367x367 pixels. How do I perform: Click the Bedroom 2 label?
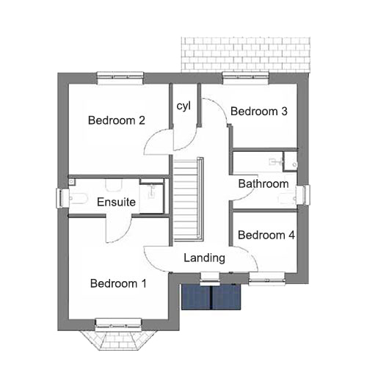(x=117, y=120)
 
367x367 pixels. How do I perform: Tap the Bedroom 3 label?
(x=259, y=111)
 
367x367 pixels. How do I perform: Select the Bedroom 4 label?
(x=266, y=235)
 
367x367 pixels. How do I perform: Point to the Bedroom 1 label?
(x=118, y=283)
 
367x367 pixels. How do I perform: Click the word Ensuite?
(x=116, y=202)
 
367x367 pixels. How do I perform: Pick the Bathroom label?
(x=264, y=183)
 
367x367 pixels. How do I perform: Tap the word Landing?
(x=205, y=258)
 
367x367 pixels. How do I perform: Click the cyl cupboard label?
(x=183, y=106)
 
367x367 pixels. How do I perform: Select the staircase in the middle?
(x=189, y=199)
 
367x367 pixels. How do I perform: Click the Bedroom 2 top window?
(x=120, y=79)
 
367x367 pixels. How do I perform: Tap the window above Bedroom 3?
(x=246, y=79)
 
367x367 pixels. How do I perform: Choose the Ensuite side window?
(x=62, y=198)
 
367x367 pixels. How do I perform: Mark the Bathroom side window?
(x=303, y=195)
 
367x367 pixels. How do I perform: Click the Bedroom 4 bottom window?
(x=266, y=278)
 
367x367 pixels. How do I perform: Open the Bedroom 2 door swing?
(x=159, y=142)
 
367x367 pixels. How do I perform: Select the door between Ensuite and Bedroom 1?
(x=119, y=229)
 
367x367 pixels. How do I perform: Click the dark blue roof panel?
(x=211, y=297)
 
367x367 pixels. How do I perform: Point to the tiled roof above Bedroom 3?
(x=246, y=55)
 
